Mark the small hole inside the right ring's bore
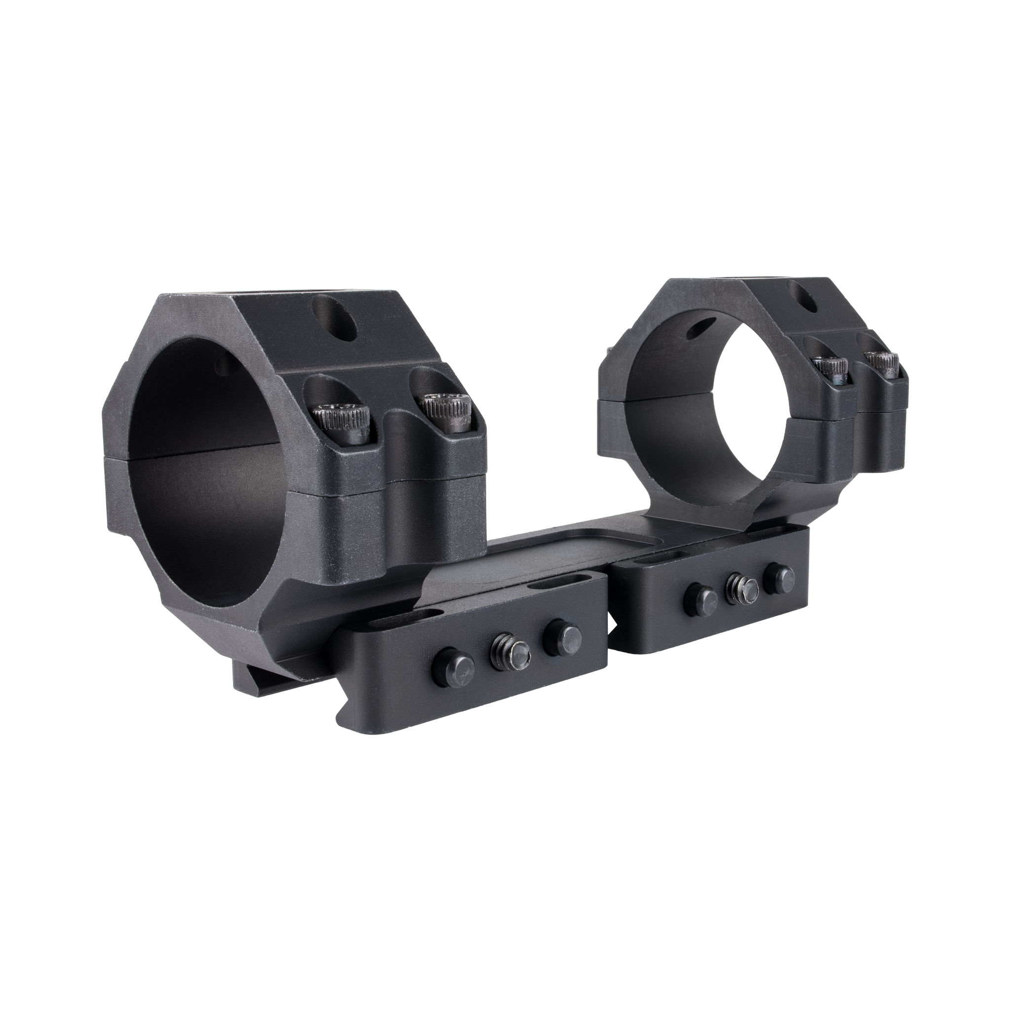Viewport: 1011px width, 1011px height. pyautogui.click(x=700, y=328)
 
